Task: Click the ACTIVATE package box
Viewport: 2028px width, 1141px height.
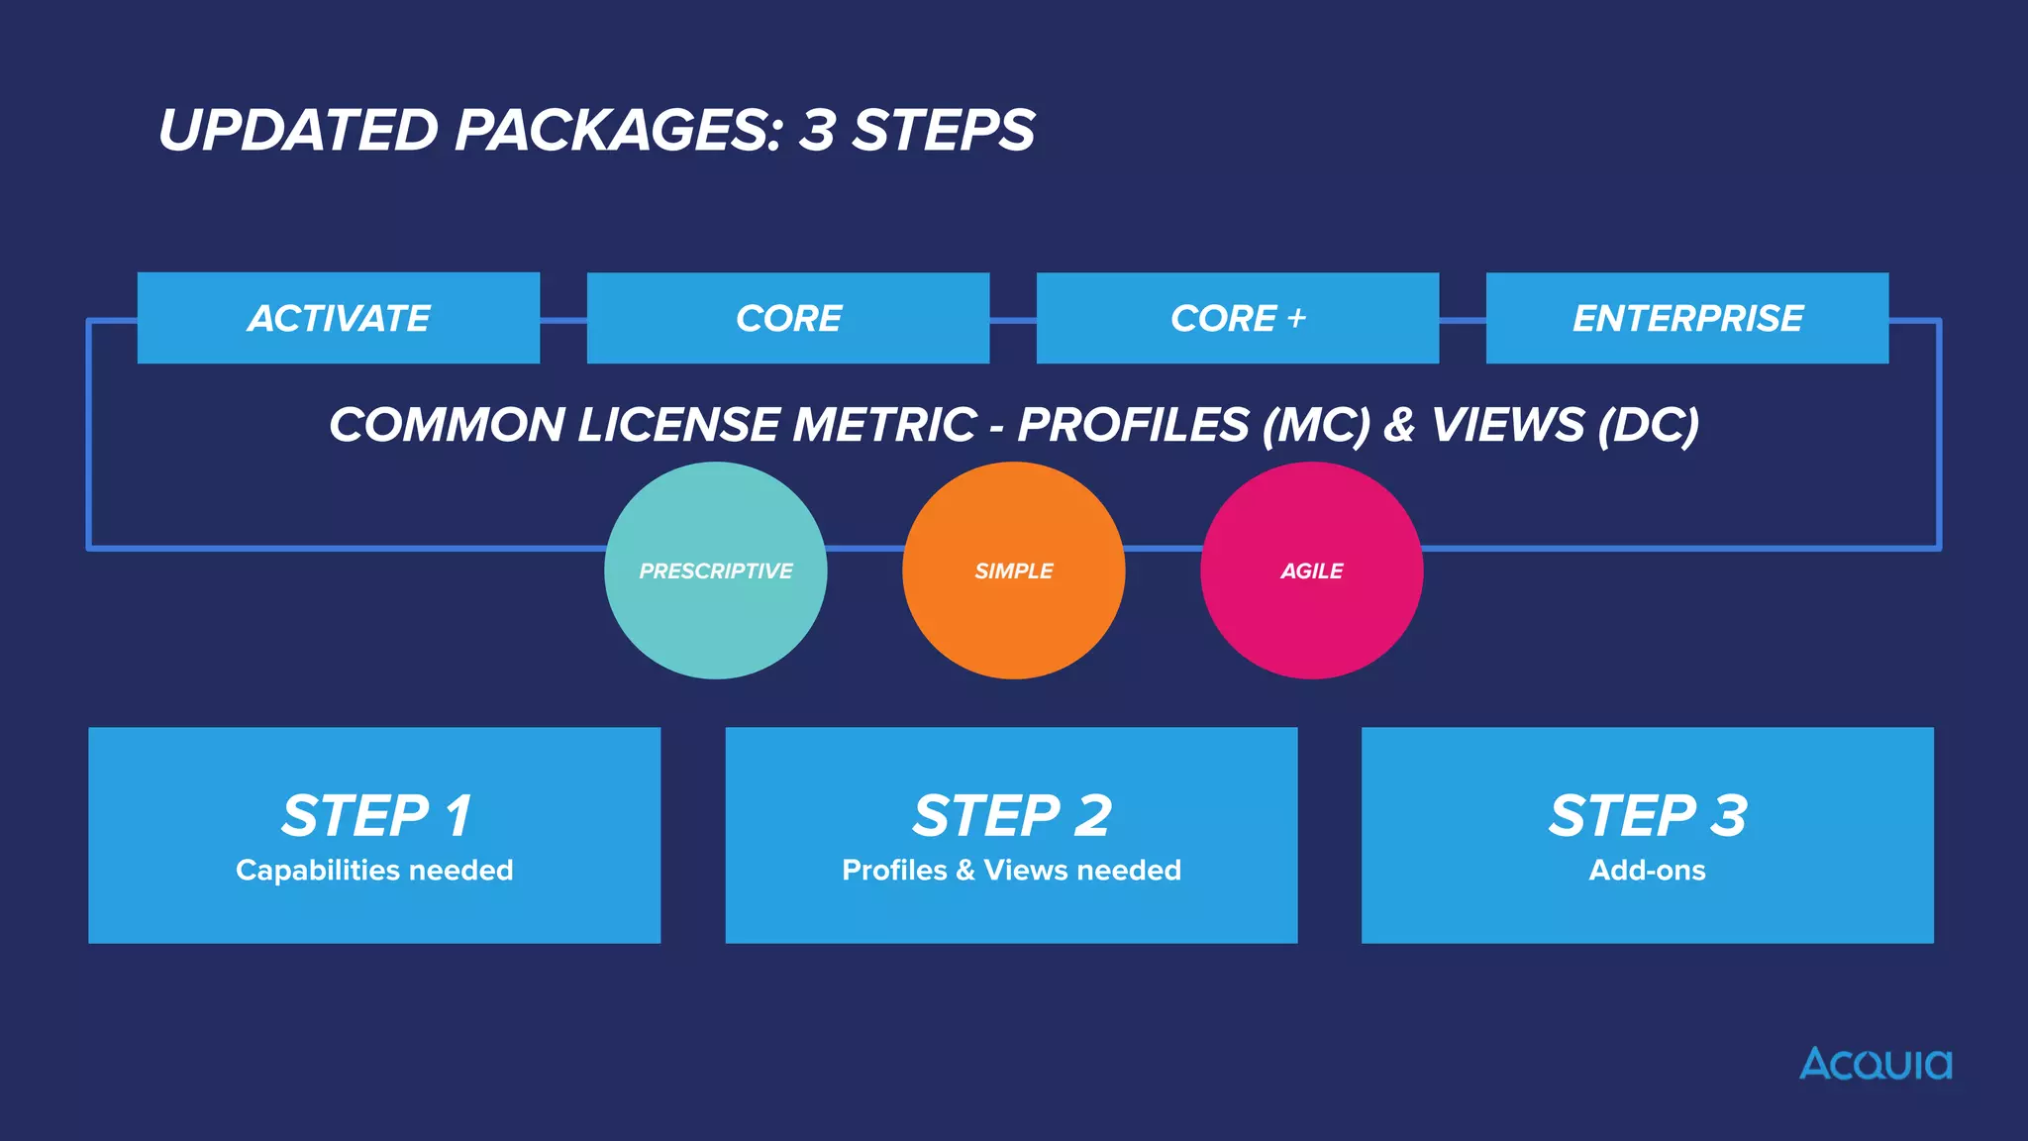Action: [x=339, y=318]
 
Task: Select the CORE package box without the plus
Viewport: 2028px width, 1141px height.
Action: [x=788, y=318]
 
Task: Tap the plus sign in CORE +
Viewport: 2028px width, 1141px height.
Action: [x=1296, y=318]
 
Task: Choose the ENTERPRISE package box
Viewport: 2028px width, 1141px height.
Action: [x=1687, y=318]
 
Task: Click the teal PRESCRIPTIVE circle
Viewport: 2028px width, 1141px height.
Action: [x=716, y=570]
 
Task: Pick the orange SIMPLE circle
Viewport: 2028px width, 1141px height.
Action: [x=1014, y=570]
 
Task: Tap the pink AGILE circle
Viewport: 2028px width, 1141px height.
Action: [x=1312, y=570]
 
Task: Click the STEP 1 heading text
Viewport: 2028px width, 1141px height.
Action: [x=375, y=816]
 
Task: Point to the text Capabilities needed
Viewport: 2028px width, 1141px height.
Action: [x=374, y=870]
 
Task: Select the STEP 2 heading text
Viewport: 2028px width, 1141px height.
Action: [x=1011, y=816]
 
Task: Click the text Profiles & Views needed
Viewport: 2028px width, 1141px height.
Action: [x=1011, y=870]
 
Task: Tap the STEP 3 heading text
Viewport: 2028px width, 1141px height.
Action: [x=1648, y=816]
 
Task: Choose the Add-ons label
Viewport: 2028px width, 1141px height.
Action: [x=1648, y=870]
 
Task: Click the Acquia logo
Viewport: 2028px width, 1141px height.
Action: [x=1876, y=1064]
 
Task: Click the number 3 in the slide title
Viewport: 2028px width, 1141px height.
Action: [x=817, y=130]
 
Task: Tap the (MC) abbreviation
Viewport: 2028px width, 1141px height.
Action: [x=1316, y=425]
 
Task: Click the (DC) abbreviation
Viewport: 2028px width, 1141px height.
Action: [x=1647, y=425]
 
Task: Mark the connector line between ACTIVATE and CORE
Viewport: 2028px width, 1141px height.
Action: [x=563, y=320]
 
